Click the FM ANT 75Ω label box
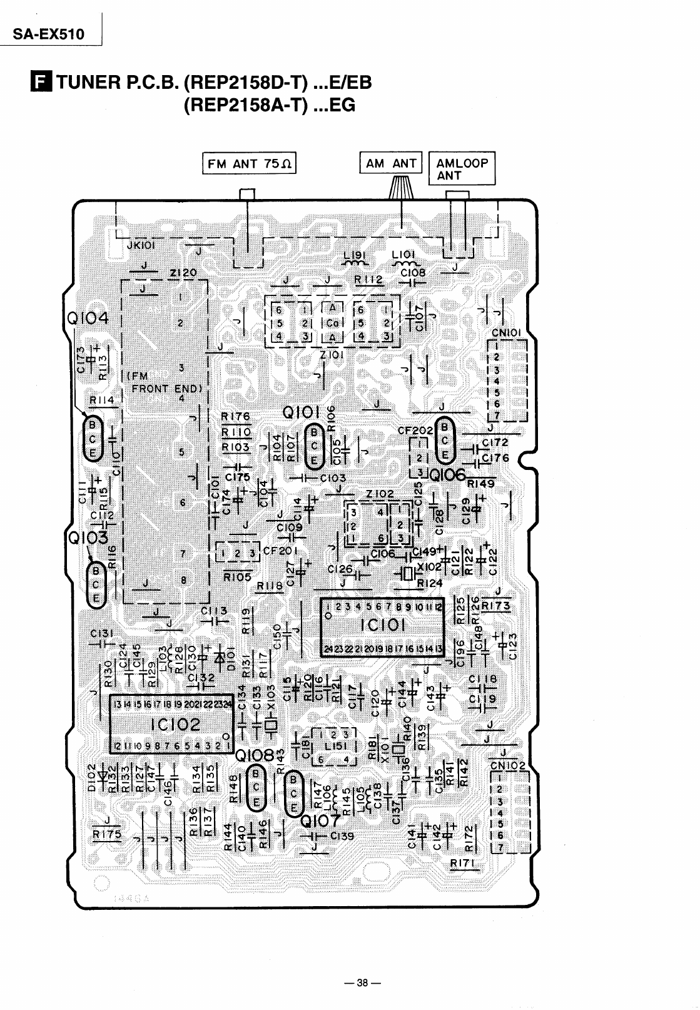249,164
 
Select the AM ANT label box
391,163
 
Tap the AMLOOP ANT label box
462,168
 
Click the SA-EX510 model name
49,34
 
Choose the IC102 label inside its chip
175,725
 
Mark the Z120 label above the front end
183,273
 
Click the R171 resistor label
464,864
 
